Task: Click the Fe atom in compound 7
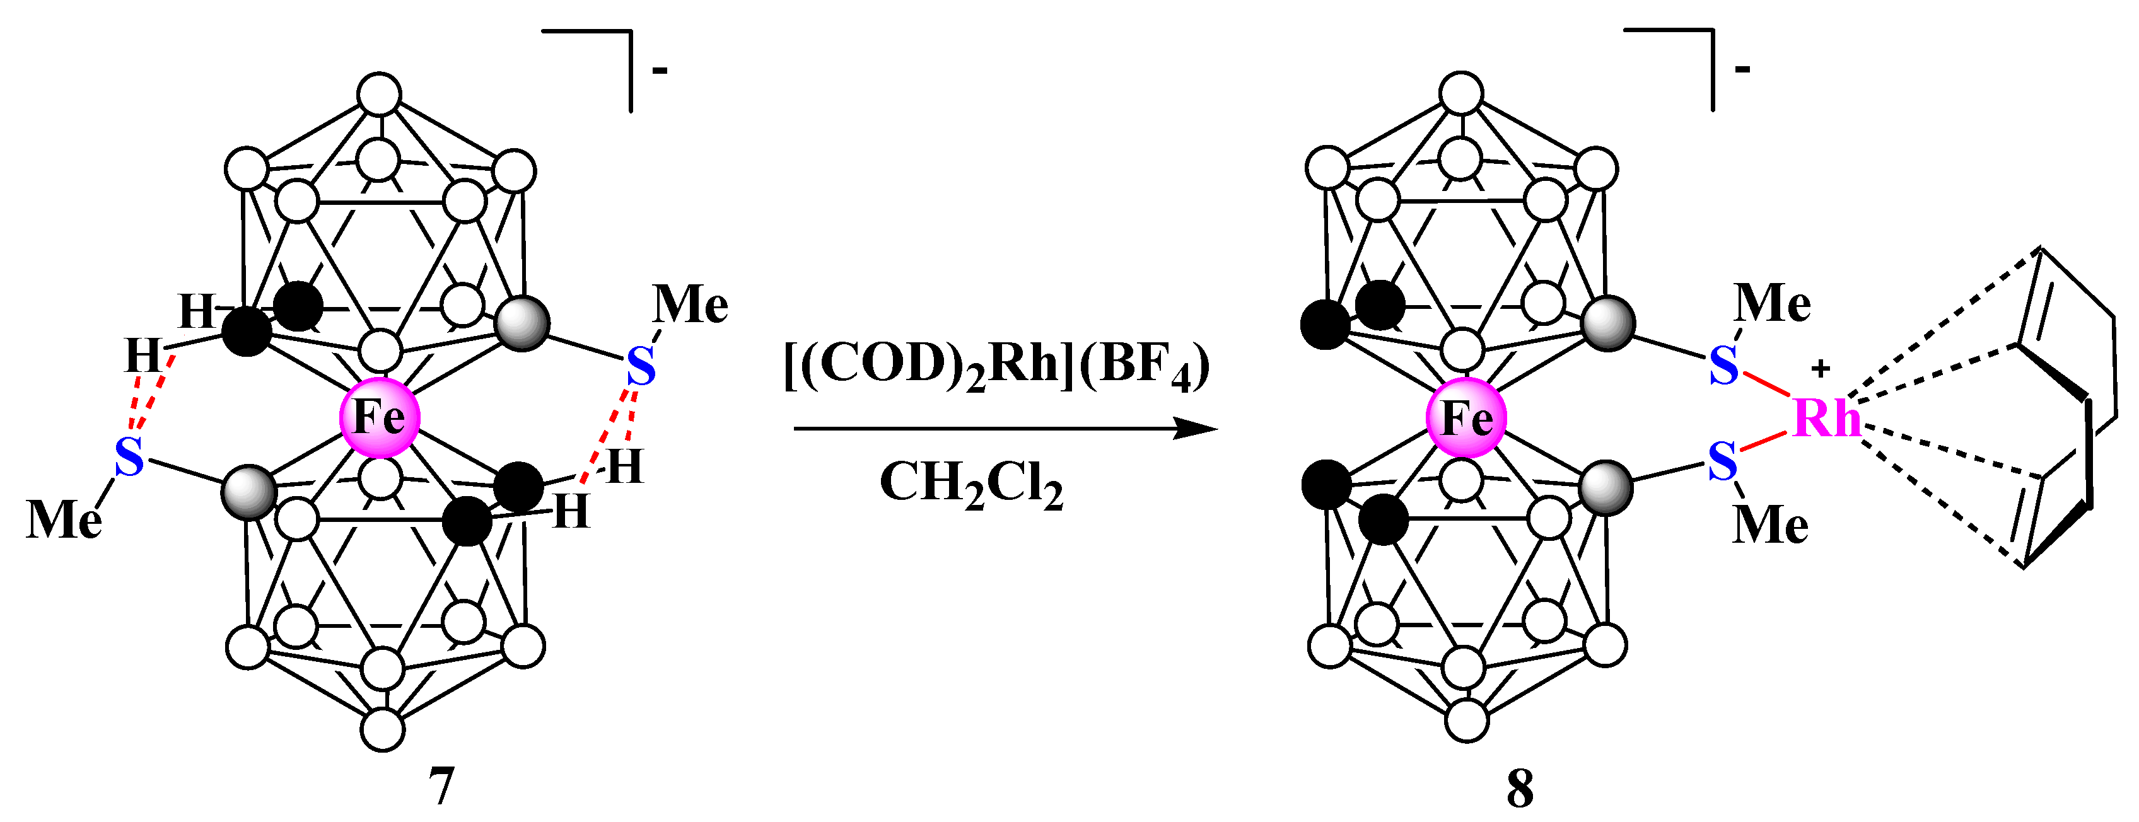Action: tap(380, 417)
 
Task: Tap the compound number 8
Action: tap(1520, 789)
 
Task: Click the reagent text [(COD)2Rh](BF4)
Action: tap(996, 366)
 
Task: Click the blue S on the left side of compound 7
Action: tap(129, 456)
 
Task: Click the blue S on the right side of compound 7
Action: tap(640, 367)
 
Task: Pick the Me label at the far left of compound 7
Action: tap(64, 520)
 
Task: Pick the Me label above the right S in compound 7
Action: tap(690, 304)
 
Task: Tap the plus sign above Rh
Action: tap(1820, 368)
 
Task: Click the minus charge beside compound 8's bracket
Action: tap(1742, 68)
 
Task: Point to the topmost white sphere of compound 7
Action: tap(380, 95)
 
